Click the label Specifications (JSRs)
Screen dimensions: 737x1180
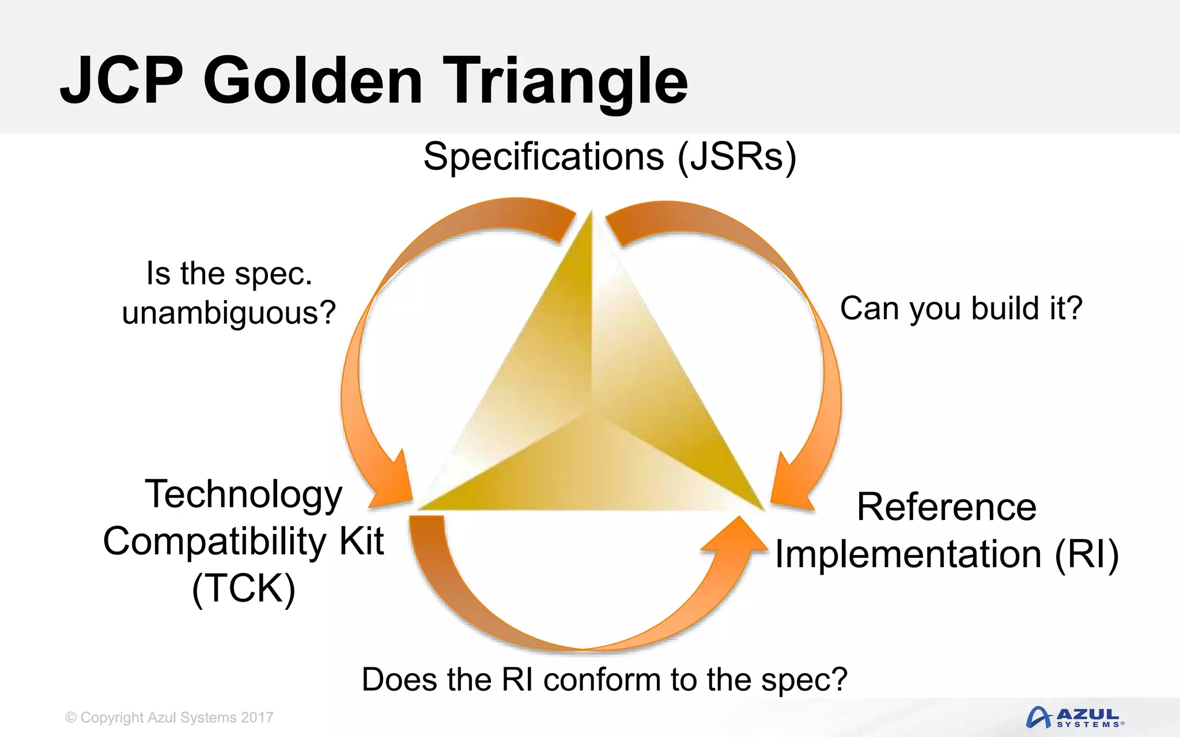coord(610,157)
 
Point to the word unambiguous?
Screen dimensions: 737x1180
coord(229,313)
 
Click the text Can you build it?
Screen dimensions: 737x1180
coord(961,308)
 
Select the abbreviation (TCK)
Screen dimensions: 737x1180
coord(243,588)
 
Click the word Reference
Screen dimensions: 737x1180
coord(946,507)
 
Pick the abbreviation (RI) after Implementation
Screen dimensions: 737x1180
coord(1087,554)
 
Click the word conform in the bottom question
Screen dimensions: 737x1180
coord(602,679)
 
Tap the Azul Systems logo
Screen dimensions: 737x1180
coord(1075,717)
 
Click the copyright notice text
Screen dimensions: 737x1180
coord(169,717)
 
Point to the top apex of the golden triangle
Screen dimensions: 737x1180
coord(591,214)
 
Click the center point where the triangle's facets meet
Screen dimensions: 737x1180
coord(591,412)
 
